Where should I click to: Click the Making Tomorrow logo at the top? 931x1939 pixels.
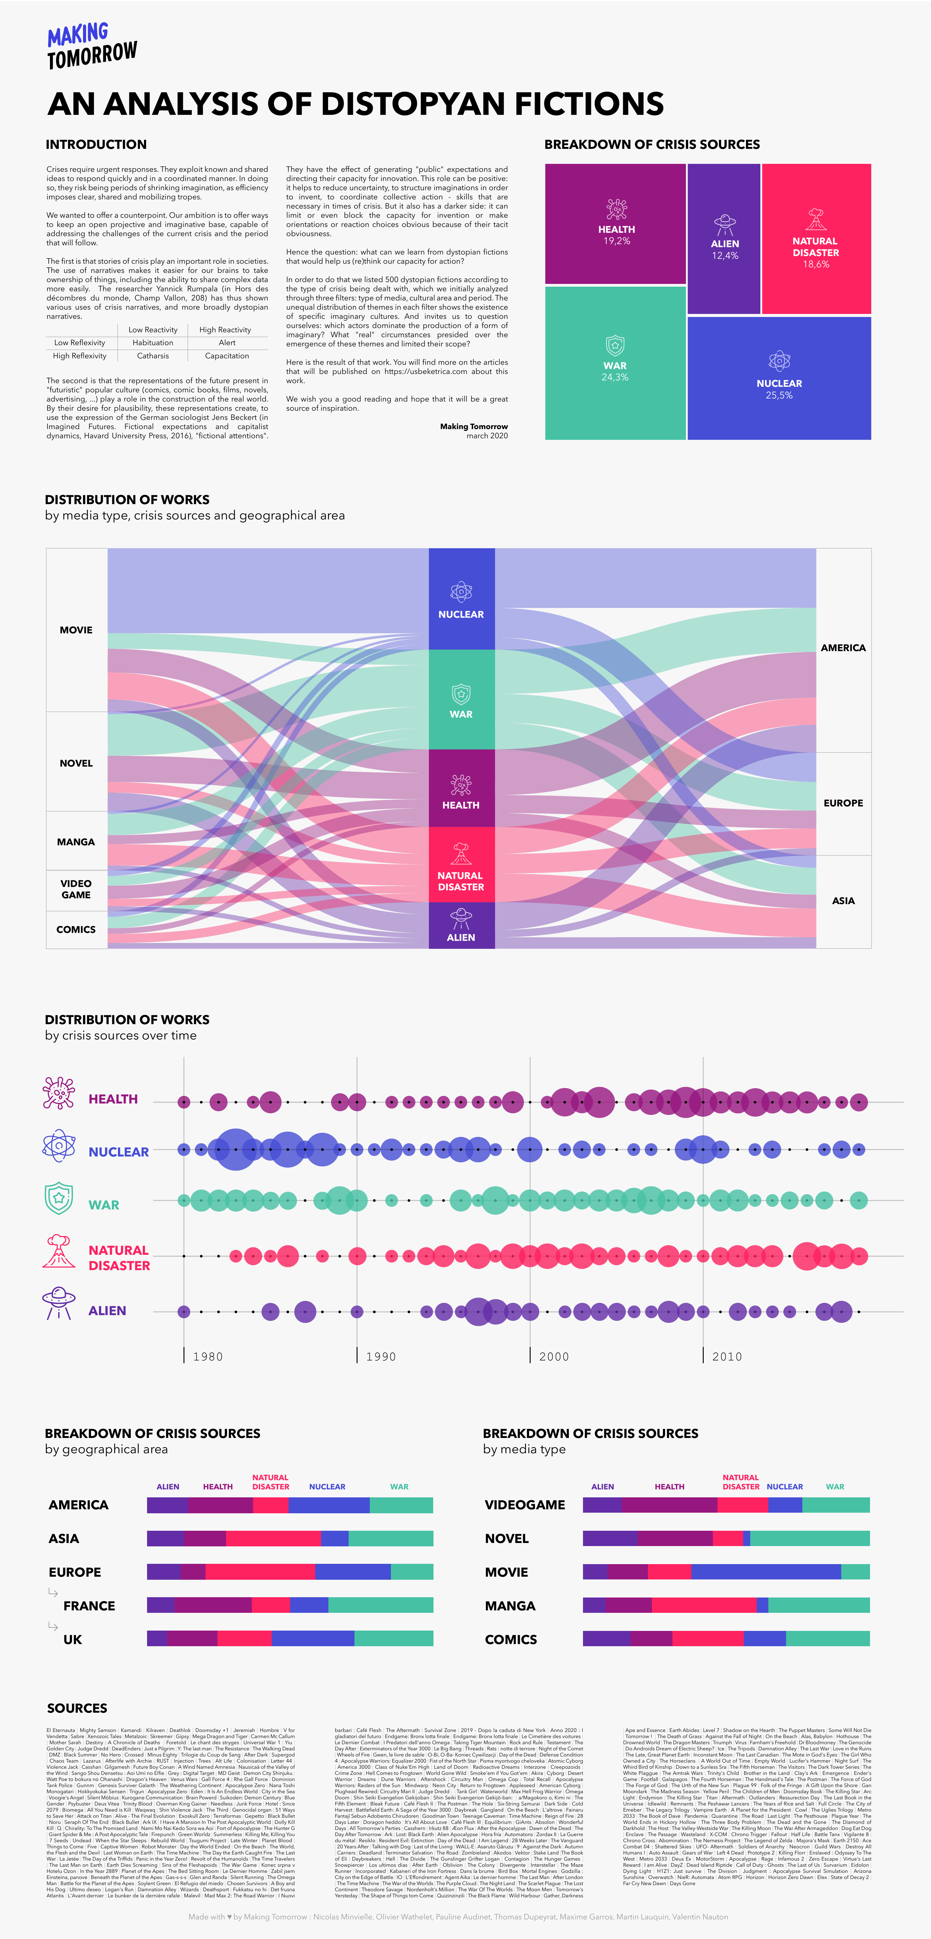pyautogui.click(x=92, y=45)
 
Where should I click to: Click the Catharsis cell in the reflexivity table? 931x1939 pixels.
pyautogui.click(x=153, y=356)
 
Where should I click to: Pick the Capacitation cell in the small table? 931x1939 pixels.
pyautogui.click(x=226, y=356)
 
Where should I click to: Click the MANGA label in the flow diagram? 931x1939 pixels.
pyautogui.click(x=76, y=842)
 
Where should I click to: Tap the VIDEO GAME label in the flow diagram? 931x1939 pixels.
pyautogui.click(x=76, y=889)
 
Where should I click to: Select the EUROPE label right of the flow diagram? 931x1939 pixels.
pyautogui.click(x=843, y=803)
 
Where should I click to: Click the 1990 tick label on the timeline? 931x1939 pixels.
pyautogui.click(x=380, y=1356)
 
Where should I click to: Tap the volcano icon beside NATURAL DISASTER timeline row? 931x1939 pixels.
pyautogui.click(x=59, y=1251)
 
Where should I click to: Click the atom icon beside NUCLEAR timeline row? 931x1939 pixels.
pyautogui.click(x=59, y=1146)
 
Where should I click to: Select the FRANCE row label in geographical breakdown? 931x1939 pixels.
pyautogui.click(x=89, y=1605)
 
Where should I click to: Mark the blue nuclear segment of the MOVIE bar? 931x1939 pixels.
pyautogui.click(x=766, y=1572)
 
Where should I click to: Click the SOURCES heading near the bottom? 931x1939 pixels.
pyautogui.click(x=77, y=1708)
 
